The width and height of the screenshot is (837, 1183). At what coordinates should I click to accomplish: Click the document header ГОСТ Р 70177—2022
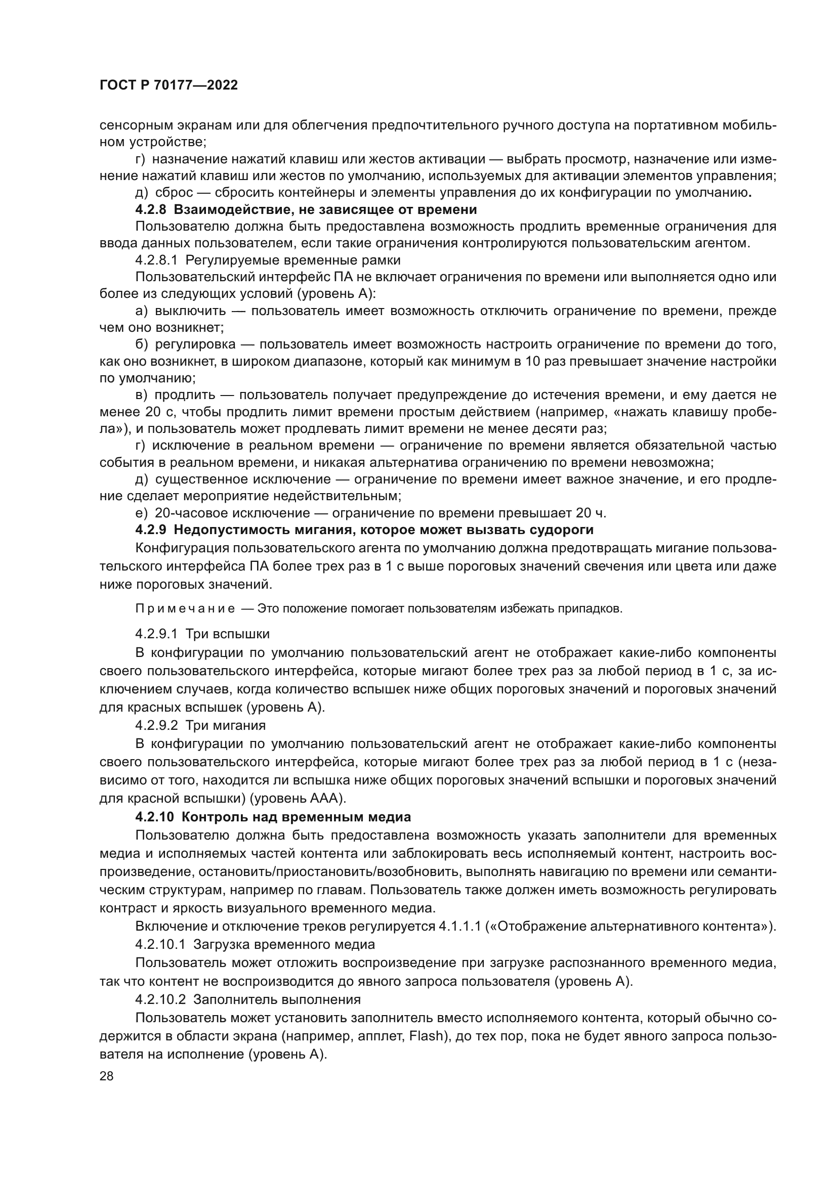[169, 85]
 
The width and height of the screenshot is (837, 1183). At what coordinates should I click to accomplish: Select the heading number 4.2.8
[150, 210]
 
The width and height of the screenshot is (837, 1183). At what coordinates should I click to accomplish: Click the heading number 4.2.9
[150, 530]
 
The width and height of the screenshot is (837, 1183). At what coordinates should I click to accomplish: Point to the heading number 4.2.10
[154, 817]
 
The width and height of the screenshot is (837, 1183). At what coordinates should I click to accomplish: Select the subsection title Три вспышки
[227, 633]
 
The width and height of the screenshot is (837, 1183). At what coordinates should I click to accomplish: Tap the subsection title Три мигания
[225, 725]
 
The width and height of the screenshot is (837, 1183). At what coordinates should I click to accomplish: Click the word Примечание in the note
[185, 608]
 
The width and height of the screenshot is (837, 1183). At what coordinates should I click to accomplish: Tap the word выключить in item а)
[190, 311]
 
